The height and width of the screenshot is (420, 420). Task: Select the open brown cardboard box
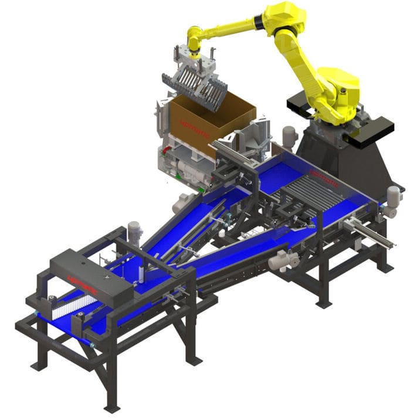point(211,120)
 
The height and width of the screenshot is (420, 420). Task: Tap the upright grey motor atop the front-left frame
point(134,232)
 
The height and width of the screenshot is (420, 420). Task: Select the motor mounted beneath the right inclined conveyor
point(283,258)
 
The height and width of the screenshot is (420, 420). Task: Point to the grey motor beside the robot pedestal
point(289,137)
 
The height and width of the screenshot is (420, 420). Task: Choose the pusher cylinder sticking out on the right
point(370,232)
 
